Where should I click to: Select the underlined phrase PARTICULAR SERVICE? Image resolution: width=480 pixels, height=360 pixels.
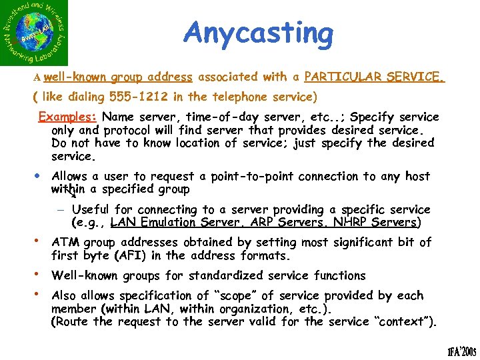pos(374,77)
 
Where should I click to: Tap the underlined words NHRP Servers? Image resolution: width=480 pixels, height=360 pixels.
pos(377,222)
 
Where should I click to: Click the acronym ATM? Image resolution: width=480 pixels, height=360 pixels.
pos(64,242)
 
